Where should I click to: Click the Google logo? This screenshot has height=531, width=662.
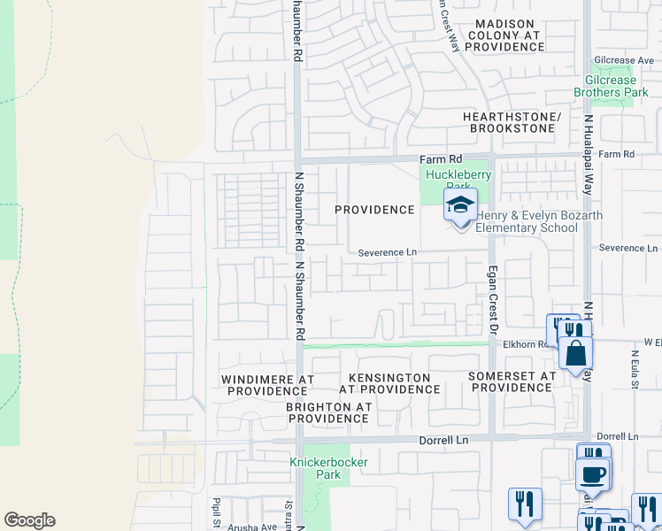pyautogui.click(x=29, y=520)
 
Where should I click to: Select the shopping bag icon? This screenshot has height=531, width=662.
pyautogui.click(x=575, y=352)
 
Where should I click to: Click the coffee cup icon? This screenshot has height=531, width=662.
pyautogui.click(x=592, y=473)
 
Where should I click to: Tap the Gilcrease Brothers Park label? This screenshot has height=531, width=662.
pyautogui.click(x=611, y=86)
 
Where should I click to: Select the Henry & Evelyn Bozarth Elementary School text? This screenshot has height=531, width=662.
pyautogui.click(x=527, y=222)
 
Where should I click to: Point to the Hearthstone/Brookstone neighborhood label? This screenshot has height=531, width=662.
pyautogui.click(x=512, y=123)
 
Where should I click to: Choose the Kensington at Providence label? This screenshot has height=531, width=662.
pyautogui.click(x=389, y=383)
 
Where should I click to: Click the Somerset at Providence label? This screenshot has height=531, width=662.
pyautogui.click(x=512, y=381)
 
